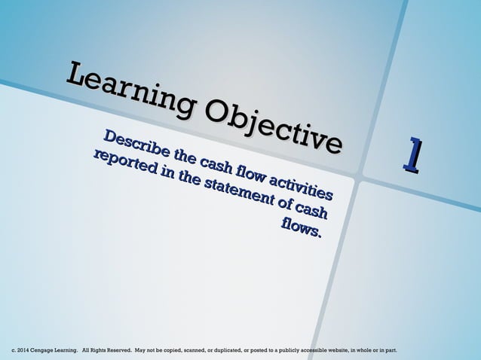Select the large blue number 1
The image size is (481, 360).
(x=411, y=152)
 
